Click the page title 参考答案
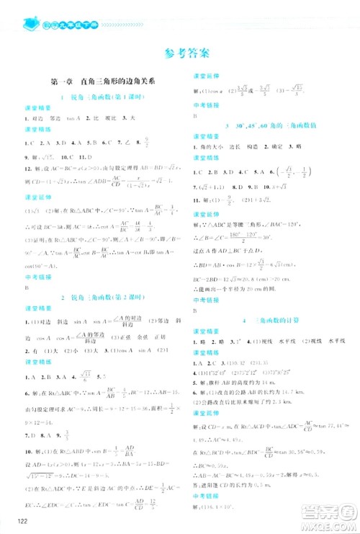coord(186,53)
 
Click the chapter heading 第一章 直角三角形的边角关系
coord(105,81)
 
